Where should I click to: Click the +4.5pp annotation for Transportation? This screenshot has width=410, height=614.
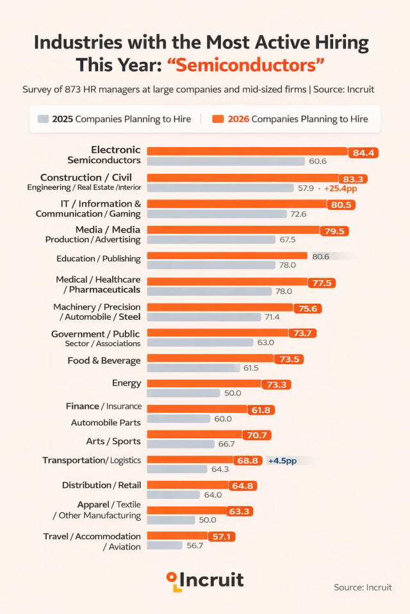pos(283,460)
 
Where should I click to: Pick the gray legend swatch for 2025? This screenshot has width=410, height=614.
pos(44,119)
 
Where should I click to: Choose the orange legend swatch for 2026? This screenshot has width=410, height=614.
pos(218,119)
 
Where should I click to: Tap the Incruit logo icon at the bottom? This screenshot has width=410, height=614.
pos(173,580)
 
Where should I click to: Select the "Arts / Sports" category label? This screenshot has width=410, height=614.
pos(113,441)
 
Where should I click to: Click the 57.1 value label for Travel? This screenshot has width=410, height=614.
pos(221,537)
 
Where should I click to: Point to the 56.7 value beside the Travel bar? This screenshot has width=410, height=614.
pos(194,546)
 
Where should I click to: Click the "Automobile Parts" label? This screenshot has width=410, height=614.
pos(106,422)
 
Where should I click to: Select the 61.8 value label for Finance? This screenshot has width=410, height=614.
pos(260,409)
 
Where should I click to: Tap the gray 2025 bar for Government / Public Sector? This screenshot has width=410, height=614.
pos(200,342)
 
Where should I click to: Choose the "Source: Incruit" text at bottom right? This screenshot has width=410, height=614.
pos(363,587)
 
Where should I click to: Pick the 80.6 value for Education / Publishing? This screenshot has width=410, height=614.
pos(320,256)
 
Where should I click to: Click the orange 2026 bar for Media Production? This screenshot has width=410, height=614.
pos(233,230)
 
